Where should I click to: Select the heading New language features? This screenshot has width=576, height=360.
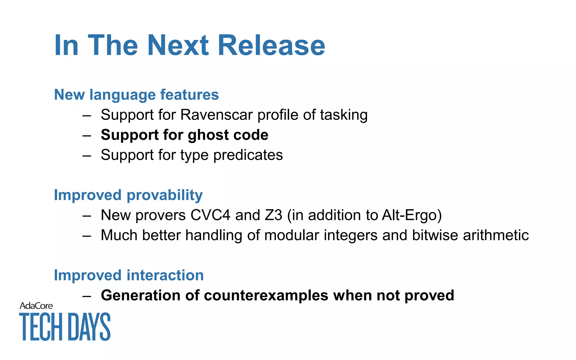[x=136, y=94]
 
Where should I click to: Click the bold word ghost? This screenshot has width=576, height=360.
[x=205, y=135]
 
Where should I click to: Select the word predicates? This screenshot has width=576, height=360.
[x=248, y=155]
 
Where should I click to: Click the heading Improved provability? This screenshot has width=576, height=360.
[x=128, y=195]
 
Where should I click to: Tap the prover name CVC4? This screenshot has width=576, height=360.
[x=210, y=215]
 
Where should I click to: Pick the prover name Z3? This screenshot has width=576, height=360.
[x=273, y=215]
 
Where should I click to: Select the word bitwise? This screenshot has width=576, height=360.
[x=435, y=235]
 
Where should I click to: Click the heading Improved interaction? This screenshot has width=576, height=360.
[x=129, y=275]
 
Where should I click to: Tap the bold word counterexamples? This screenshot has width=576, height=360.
[x=266, y=295]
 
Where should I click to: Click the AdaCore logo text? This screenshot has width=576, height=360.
[x=36, y=306]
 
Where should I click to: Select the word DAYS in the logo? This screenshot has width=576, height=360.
[x=89, y=327]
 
